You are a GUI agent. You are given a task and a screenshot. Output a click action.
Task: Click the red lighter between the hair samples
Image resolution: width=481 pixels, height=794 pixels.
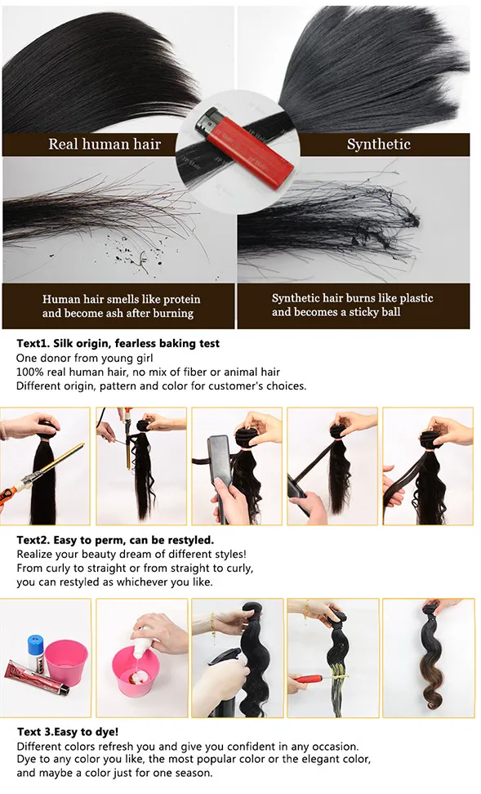pos(244,148)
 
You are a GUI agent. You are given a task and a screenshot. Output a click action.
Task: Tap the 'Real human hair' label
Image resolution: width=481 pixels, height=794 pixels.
pos(105,145)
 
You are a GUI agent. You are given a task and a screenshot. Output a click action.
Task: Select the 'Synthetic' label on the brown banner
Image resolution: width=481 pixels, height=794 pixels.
pos(378,145)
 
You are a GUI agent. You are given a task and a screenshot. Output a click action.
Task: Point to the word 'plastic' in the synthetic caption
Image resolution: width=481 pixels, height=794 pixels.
pos(414,298)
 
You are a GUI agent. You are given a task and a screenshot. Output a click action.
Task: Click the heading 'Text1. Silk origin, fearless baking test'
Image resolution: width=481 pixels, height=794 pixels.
pos(118,344)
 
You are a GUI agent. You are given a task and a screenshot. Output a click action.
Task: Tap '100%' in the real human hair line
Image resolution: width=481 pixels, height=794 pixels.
pos(30,372)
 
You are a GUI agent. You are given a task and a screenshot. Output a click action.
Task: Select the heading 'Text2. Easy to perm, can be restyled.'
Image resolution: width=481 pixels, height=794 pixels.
pos(115,540)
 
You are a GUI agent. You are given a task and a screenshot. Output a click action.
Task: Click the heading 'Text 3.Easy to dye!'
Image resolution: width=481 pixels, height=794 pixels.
pos(67,732)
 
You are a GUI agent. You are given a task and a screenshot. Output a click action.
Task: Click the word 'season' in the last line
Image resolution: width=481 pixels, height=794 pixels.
pos(190,773)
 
